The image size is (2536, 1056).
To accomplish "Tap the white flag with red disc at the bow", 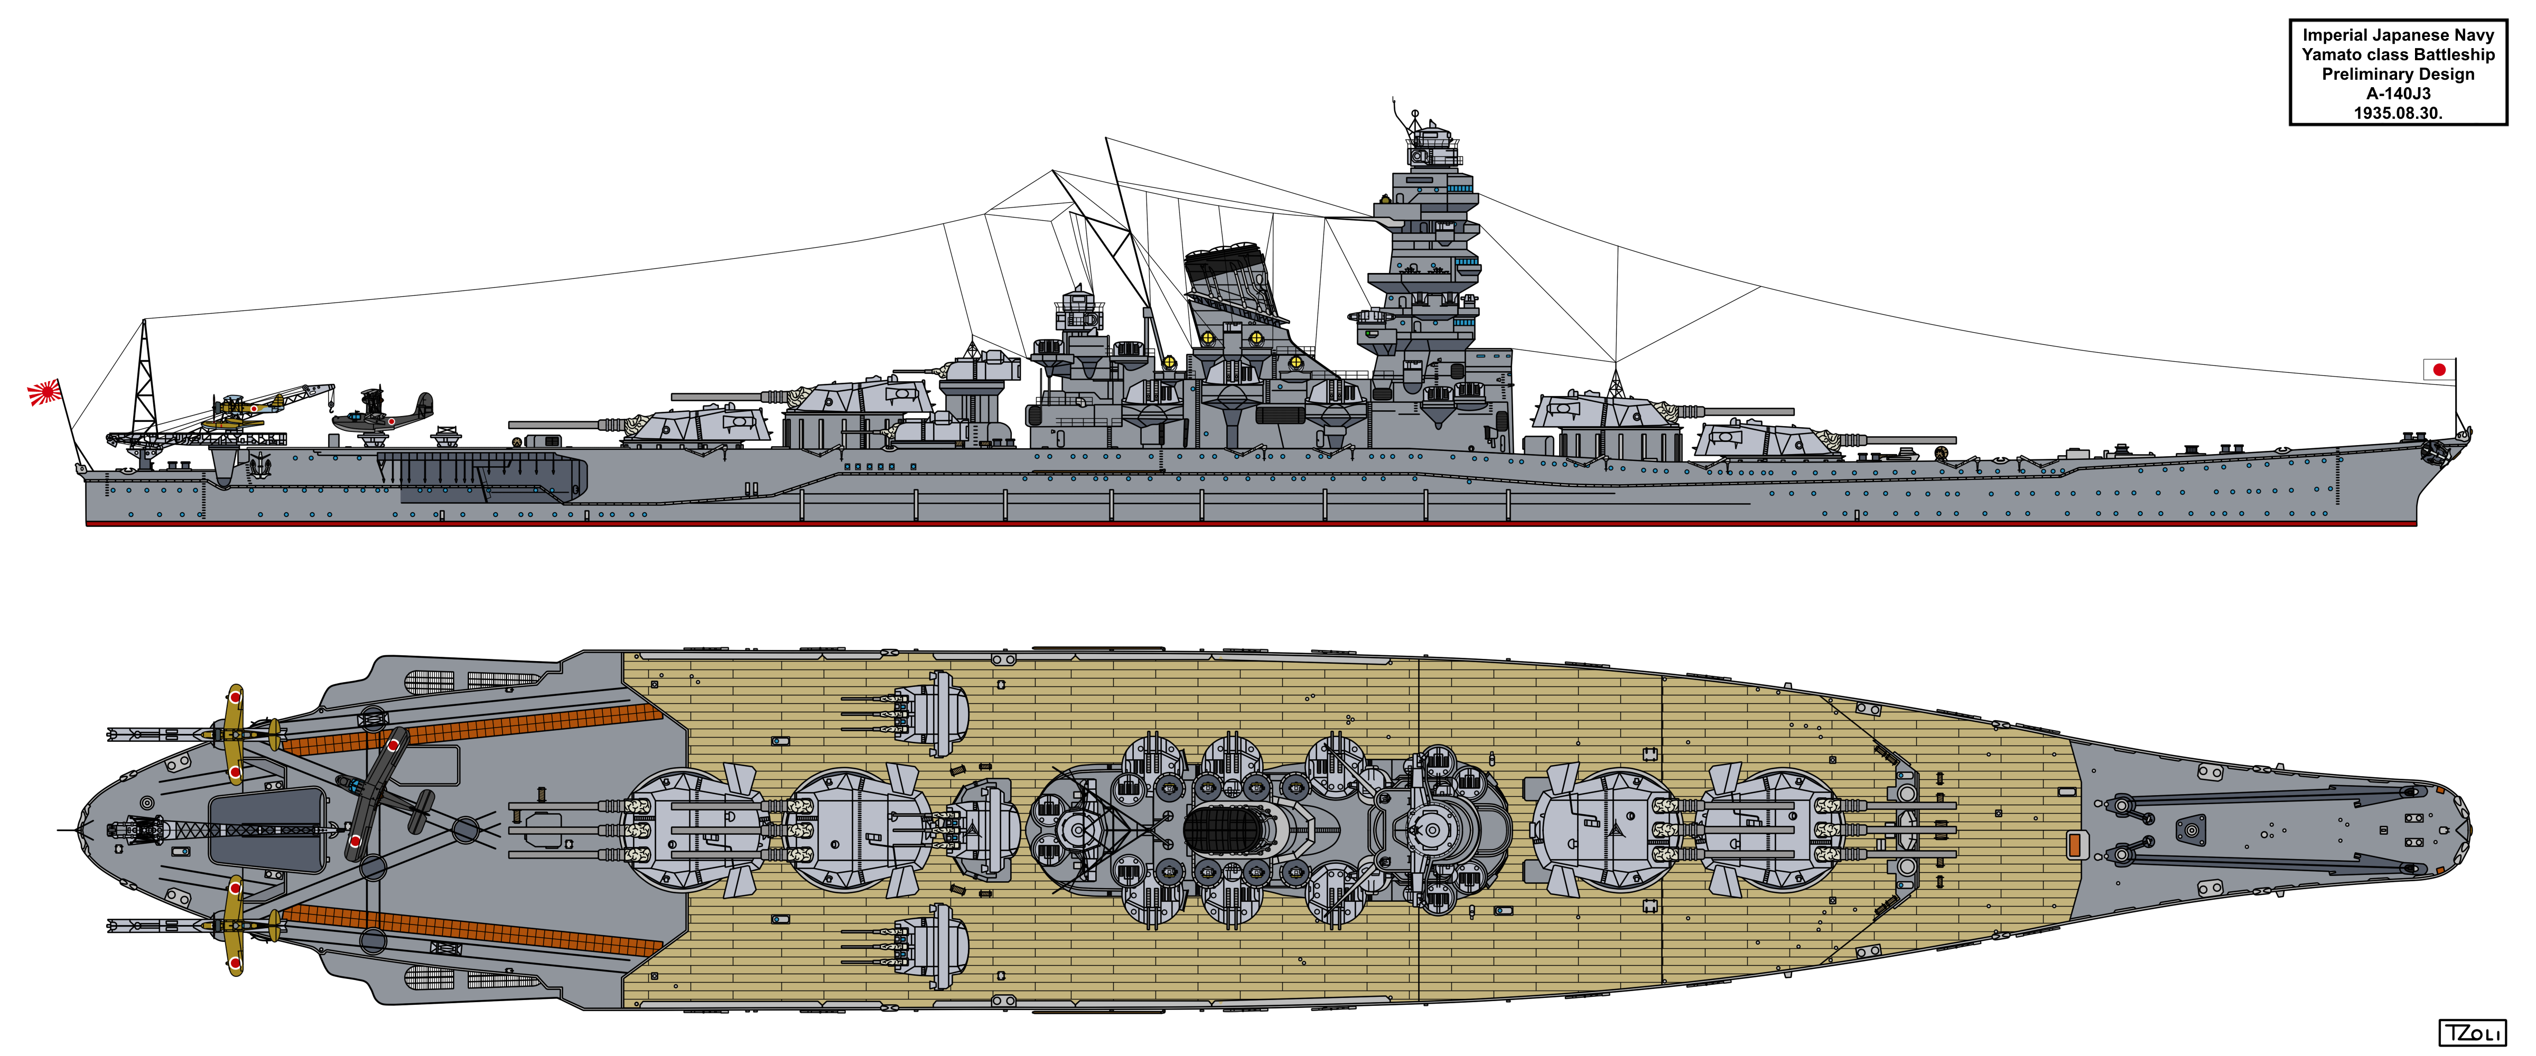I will (x=2439, y=370).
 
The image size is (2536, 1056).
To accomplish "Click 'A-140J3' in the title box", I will (x=2398, y=93).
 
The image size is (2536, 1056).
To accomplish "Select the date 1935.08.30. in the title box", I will (x=2398, y=113).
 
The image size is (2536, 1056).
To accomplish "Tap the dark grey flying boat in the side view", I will (x=384, y=413).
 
